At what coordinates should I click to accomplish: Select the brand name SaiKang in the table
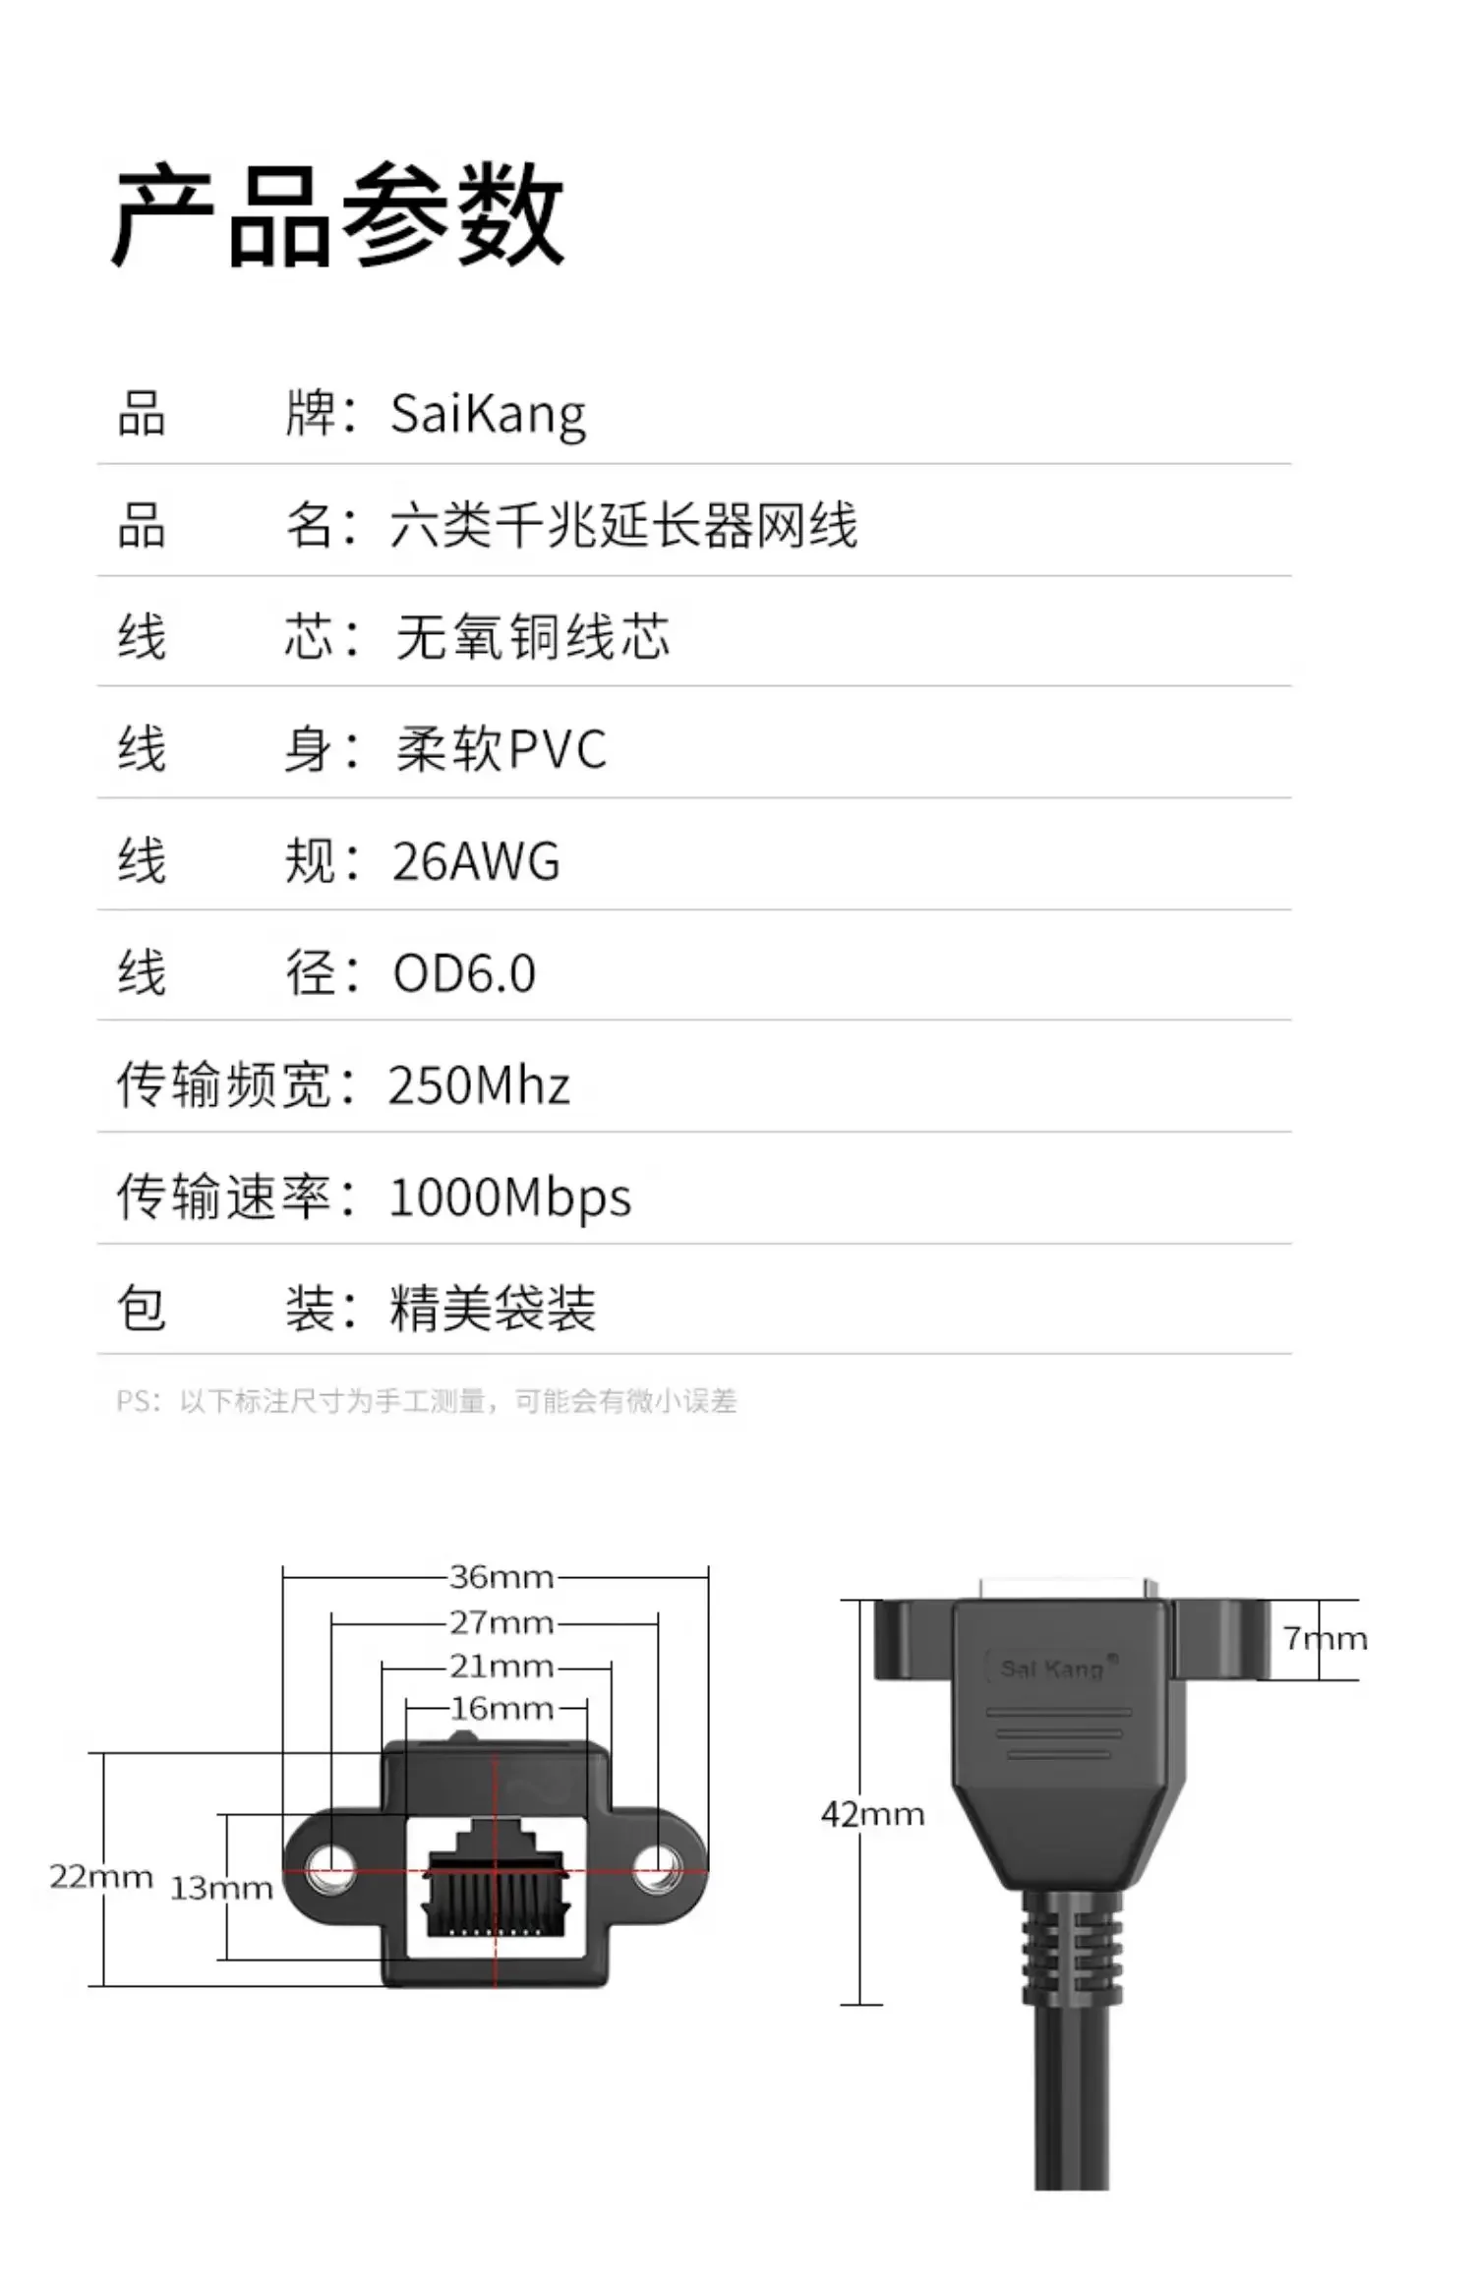coord(488,414)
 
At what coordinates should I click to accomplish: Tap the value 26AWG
coord(476,861)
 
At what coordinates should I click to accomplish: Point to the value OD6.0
coord(464,973)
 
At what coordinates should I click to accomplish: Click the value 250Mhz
coord(479,1085)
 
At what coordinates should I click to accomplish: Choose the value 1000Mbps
coord(510,1198)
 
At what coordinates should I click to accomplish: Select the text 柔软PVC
coord(501,749)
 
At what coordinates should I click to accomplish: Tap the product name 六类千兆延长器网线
coord(623,525)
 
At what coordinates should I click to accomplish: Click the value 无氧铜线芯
coord(532,637)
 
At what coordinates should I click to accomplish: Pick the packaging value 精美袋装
coord(493,1309)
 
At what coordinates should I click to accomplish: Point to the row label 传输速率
coord(224,1198)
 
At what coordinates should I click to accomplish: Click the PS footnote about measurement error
coord(426,1401)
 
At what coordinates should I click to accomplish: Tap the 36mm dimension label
coord(501,1577)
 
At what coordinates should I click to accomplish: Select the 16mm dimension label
coord(501,1709)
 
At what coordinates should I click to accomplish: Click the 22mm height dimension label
coord(101,1877)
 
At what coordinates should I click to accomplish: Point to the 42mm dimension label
coord(873,1814)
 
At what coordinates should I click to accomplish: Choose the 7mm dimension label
coord(1325,1638)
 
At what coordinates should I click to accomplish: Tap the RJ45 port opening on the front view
coord(497,1883)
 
